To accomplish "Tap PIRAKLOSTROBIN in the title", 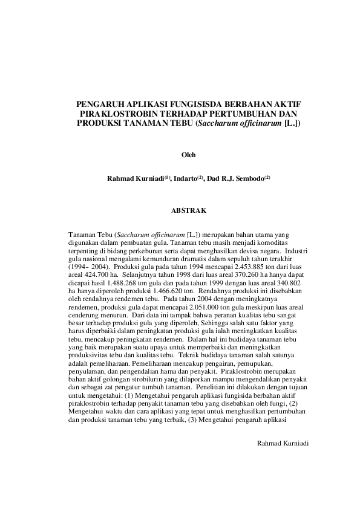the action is (118, 113).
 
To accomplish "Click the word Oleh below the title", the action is (189, 155).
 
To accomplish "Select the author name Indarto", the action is (186, 178).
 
